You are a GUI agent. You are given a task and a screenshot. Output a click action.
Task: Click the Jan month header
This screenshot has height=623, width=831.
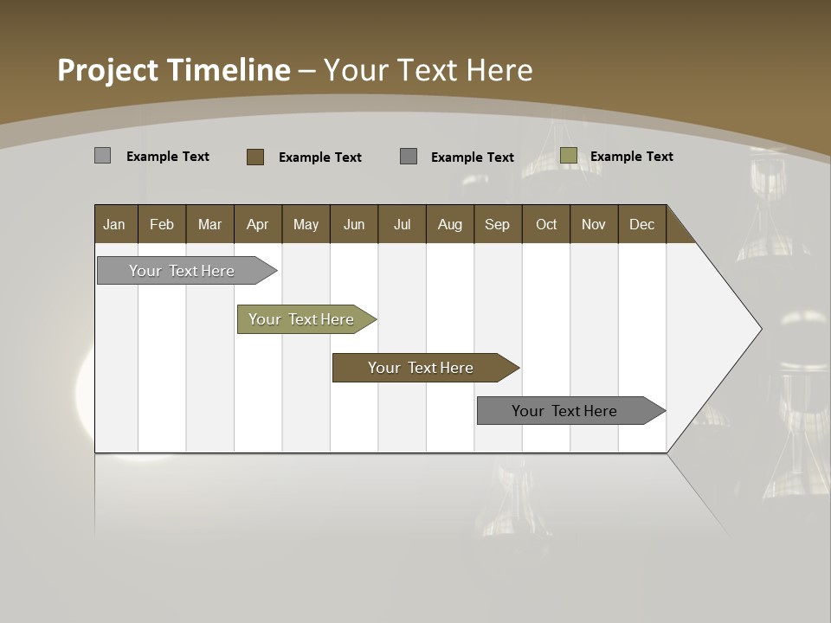coord(114,224)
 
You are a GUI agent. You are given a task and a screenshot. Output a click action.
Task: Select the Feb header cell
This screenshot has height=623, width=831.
coord(162,224)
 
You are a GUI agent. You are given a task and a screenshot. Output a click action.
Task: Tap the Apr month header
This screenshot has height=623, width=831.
coord(257,224)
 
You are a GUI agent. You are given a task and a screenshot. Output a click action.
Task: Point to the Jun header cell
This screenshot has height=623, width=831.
coord(354,224)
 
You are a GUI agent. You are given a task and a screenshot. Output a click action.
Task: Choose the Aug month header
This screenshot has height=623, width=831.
coord(449,224)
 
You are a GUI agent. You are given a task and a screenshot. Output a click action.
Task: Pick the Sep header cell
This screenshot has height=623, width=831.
coord(497,224)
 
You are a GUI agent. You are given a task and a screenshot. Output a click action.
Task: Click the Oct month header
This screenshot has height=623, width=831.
coord(546,224)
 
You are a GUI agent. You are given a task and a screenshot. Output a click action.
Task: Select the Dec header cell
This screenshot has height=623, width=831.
coord(641,224)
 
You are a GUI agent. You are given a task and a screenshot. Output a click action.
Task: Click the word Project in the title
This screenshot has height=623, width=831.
coord(108,70)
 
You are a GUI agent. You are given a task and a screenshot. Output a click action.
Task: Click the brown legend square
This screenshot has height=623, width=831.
coord(255,157)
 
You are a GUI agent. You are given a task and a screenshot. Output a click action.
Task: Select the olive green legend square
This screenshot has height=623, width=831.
coord(569,156)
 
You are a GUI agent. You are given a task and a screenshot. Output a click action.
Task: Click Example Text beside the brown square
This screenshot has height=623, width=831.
coord(320,157)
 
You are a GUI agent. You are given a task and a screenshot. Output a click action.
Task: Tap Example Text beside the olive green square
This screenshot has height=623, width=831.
coord(632,157)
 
